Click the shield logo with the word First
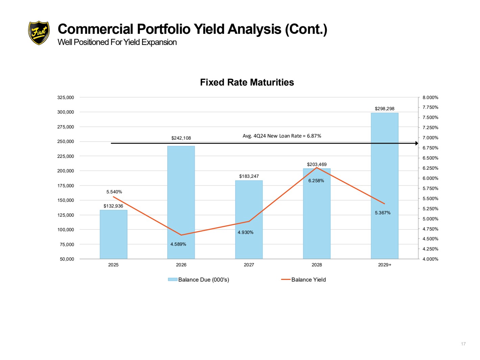pos(39,33)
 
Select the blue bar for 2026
pos(181,202)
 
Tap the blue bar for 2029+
pos(384,186)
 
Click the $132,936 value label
pos(113,206)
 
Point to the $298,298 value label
pos(384,109)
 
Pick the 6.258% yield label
pos(316,181)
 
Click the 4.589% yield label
pos(178,244)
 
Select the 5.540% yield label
pos(114,192)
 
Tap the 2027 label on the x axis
pos(249,265)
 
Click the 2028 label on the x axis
pos(317,265)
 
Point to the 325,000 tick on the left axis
pos(66,97)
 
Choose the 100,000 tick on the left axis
pos(66,230)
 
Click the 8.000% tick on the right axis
pos(430,97)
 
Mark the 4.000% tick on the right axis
pos(430,259)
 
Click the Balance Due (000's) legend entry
pos(198,280)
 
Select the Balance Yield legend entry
pos(303,280)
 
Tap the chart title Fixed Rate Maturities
pos(247,82)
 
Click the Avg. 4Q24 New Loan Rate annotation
pos(282,136)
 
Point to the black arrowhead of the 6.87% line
pos(416,143)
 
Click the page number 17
pos(463,344)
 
